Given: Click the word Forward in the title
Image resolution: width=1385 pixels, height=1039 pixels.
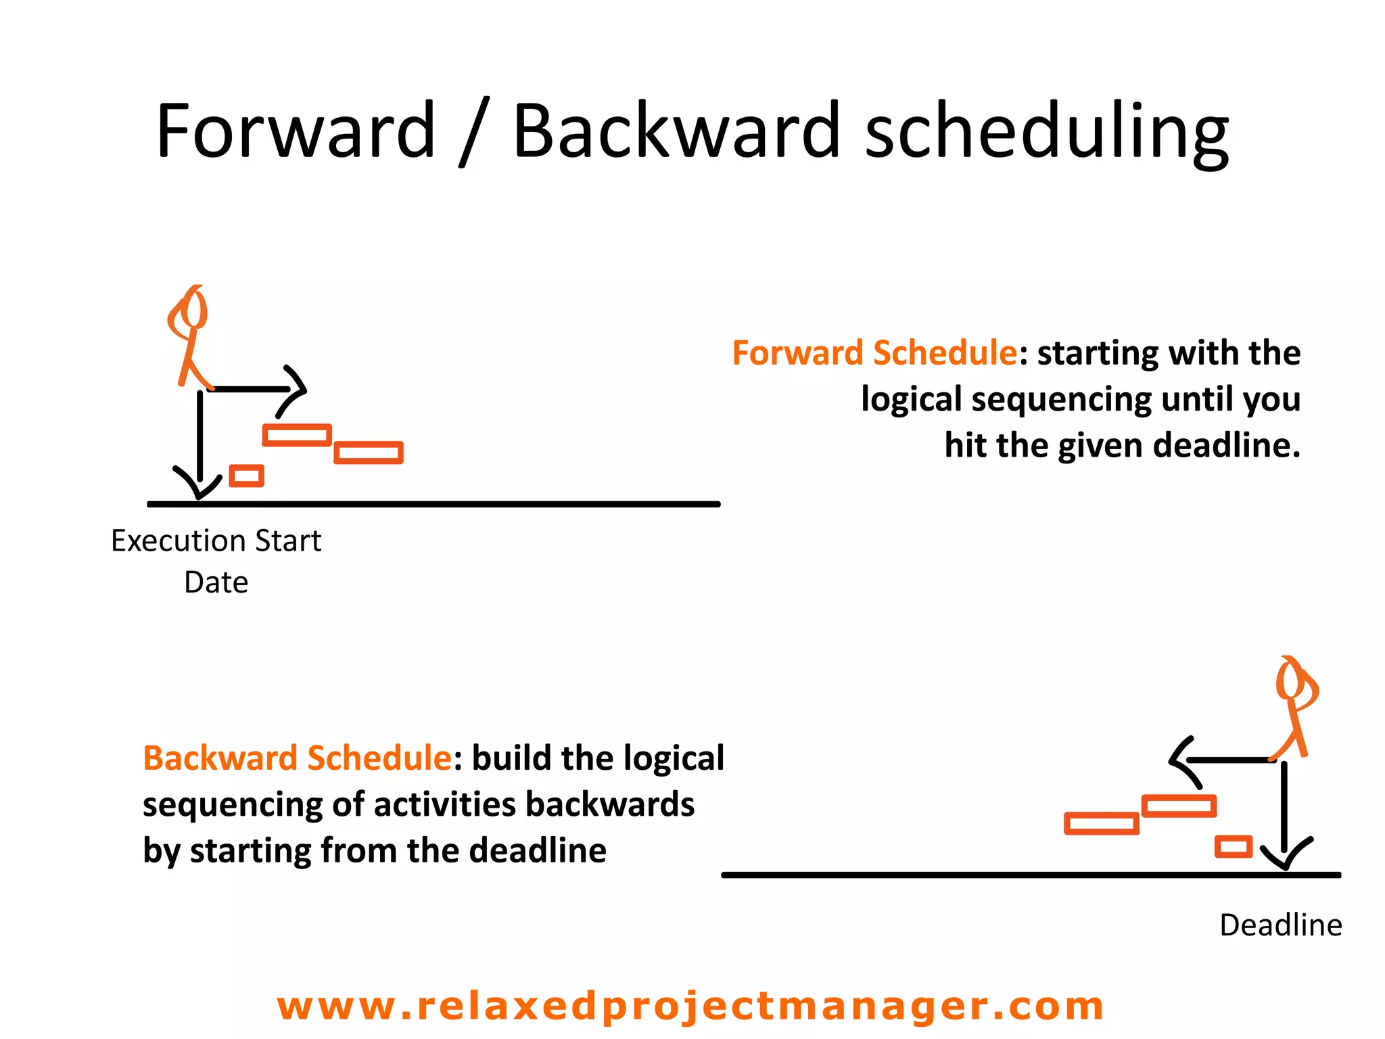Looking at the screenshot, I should tap(296, 131).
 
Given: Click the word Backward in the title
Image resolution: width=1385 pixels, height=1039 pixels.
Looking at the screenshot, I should tap(676, 131).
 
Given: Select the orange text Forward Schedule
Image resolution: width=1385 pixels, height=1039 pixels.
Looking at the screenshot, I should tap(874, 353).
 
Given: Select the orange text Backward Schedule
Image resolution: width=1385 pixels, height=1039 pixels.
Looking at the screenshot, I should tap(297, 758).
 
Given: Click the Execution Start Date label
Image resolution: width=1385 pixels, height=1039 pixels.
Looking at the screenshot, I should tap(216, 561).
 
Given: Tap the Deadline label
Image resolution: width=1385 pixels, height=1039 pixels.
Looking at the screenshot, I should tap(1280, 925).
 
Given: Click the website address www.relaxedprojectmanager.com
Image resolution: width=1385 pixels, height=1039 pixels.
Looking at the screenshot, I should tap(690, 1006).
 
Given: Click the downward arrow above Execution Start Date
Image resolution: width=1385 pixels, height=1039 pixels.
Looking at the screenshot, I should tap(199, 446).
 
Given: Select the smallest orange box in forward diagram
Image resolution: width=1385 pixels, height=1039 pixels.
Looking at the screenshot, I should tap(247, 476).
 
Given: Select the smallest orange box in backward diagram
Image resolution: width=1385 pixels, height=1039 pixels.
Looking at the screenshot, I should tap(1234, 847).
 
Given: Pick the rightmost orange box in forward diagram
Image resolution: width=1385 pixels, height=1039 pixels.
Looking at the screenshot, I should tap(369, 453).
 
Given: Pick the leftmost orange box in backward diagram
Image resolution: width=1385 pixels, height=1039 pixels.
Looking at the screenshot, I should tap(1102, 823).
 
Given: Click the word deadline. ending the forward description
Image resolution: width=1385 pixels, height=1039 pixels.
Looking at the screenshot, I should tap(1226, 446).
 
